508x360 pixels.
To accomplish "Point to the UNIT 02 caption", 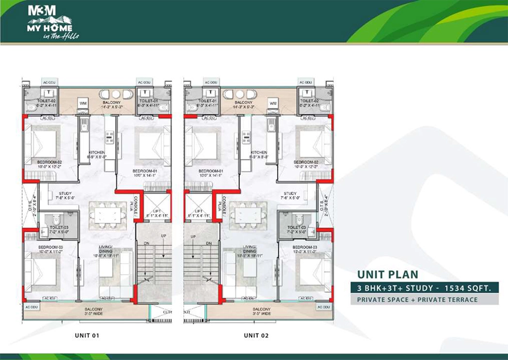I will (256, 335).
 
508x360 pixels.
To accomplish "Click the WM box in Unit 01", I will (82, 103).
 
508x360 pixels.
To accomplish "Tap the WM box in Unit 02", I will (272, 103).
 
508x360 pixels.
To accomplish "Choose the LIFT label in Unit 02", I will (199, 211).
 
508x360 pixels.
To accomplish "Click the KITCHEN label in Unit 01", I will (96, 153).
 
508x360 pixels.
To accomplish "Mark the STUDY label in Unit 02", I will (290, 193).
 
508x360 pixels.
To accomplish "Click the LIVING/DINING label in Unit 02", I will (250, 249).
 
